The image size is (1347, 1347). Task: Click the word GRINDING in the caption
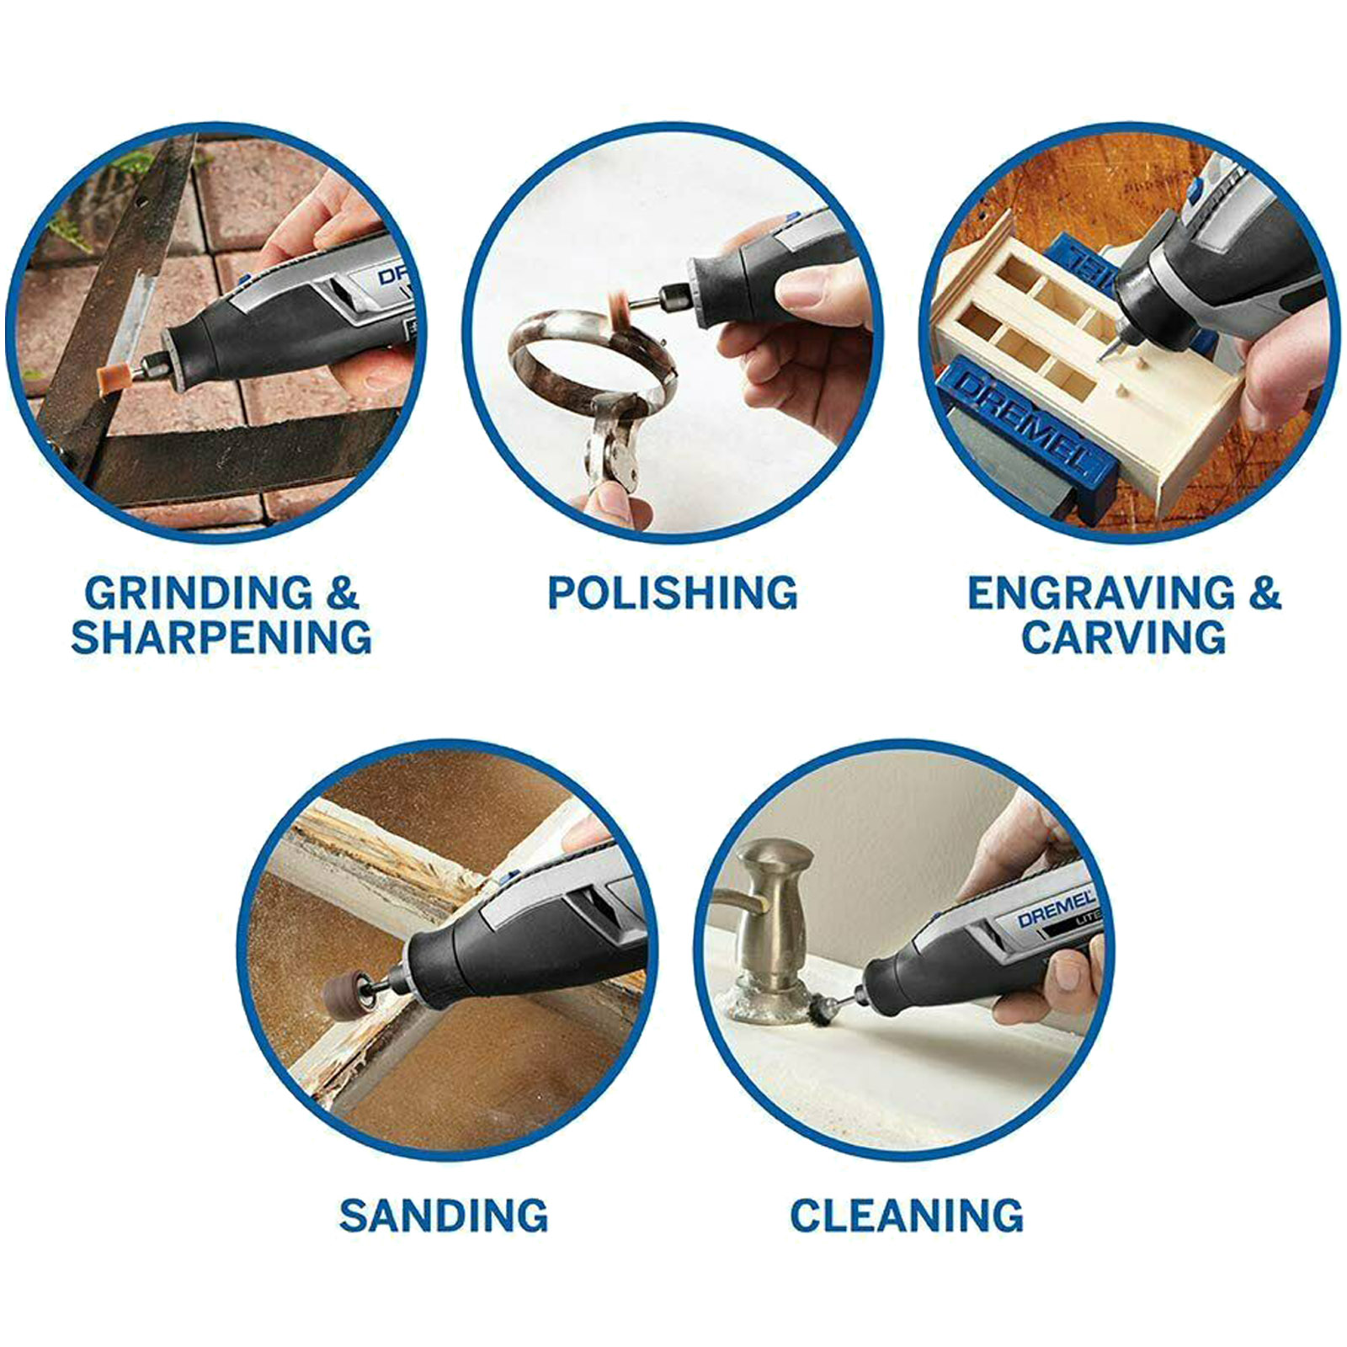(198, 594)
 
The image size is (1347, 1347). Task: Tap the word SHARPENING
(221, 636)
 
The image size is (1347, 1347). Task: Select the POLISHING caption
(673, 594)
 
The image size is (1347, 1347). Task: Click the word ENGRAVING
(1101, 594)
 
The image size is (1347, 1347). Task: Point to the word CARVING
(1124, 636)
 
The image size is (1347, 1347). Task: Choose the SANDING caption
(444, 1216)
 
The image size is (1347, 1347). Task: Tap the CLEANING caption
(907, 1216)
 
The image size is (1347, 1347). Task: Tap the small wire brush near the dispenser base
(819, 1008)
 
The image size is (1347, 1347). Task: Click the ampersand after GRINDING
(342, 594)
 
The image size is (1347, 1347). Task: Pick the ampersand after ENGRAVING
(1264, 594)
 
